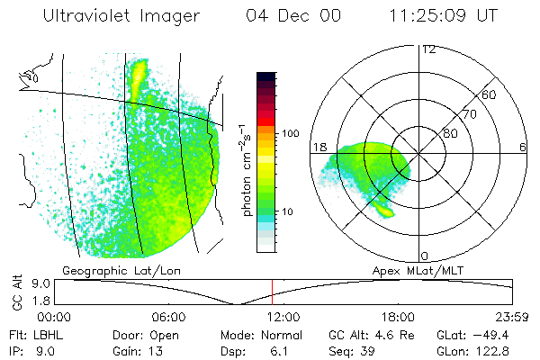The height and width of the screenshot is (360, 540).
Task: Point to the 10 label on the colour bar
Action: coord(291,212)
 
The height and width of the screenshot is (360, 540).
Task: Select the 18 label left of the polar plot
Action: coord(319,147)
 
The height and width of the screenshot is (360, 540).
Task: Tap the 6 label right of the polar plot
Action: coord(523,147)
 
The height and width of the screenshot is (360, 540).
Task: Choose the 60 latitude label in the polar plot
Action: coord(490,94)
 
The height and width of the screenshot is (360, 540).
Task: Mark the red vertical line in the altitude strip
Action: coord(272,292)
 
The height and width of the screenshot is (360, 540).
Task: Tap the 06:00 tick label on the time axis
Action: coord(169,317)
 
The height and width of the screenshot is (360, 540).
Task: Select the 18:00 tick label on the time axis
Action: coord(398,317)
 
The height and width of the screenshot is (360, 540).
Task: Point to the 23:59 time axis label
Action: coord(511,317)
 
